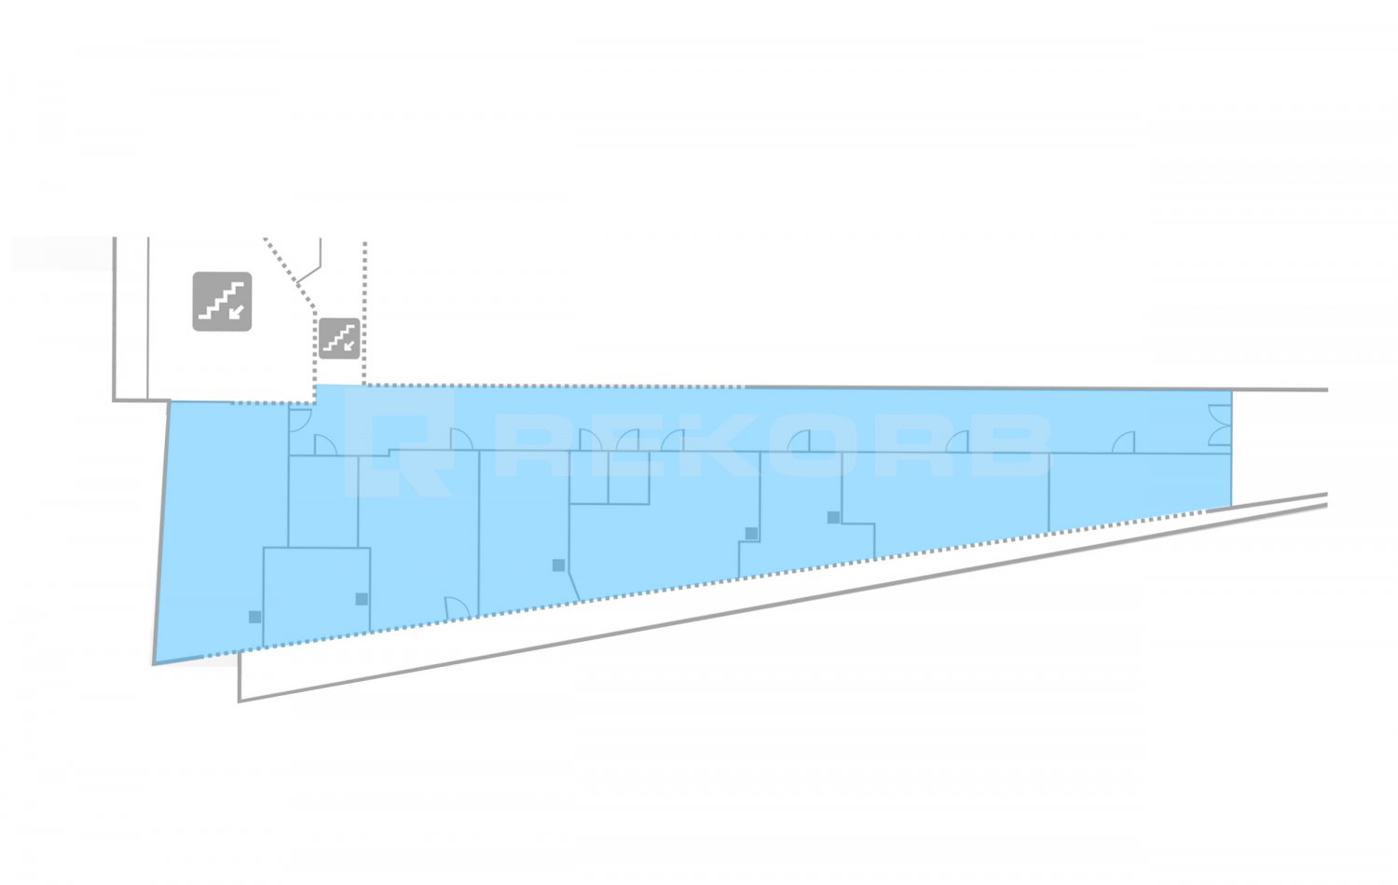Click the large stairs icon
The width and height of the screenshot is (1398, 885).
pos(222,301)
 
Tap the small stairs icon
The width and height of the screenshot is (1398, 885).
pos(339,339)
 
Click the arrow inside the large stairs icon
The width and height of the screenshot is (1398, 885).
pos(236,311)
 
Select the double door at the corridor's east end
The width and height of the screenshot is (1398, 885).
pos(1220,426)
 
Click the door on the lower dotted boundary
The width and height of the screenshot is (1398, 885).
pos(457,608)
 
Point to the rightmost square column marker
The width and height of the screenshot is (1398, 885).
pos(833,517)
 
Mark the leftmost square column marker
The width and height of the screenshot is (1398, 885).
pos(254,617)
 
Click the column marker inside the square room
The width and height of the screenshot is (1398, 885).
pos(362,599)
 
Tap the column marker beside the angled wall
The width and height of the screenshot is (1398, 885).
pos(558,565)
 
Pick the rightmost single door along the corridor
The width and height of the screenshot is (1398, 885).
pos(1123,442)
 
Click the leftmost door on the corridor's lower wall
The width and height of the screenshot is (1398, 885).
pos(324,445)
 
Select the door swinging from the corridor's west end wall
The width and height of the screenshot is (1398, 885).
pos(300,420)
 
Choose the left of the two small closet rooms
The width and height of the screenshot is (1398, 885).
pos(588,478)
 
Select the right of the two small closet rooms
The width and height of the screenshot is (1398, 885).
pos(629,478)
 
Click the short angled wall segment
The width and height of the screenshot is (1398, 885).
pos(573,586)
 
